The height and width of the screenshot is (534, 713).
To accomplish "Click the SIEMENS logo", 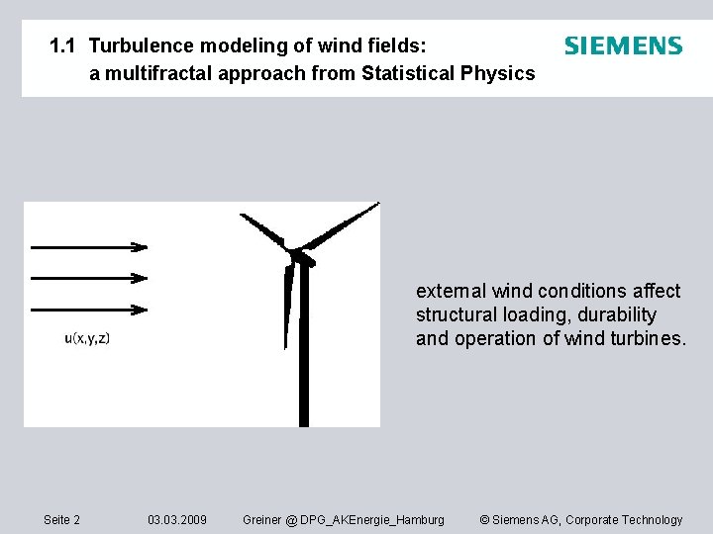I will (623, 46).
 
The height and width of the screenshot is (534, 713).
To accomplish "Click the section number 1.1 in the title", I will (64, 46).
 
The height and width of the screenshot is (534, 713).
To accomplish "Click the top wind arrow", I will (89, 246).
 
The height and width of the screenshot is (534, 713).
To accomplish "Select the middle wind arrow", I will (89, 278).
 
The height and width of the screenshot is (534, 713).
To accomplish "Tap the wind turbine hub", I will (296, 255).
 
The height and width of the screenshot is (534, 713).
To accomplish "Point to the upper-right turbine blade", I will (342, 225).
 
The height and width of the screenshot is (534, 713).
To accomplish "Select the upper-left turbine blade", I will (262, 230).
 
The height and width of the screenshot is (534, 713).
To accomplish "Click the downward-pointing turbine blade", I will (289, 307).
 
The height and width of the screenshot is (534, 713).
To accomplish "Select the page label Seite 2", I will (62, 520).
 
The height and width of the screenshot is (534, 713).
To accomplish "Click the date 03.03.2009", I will (177, 520).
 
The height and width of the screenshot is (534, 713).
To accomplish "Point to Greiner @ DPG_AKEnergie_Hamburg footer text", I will (344, 520).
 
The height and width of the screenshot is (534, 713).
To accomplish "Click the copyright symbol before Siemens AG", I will (484, 520).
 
